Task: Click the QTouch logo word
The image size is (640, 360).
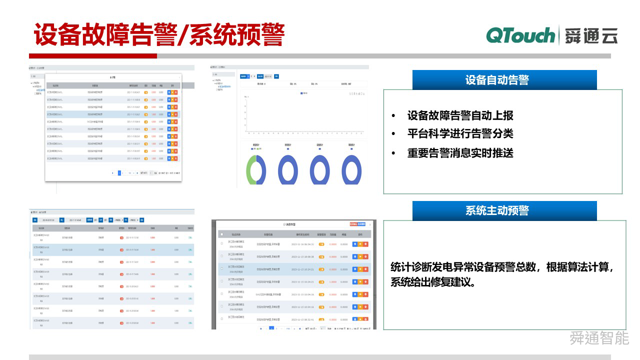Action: point(520,35)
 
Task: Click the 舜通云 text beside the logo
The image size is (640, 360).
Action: point(591,36)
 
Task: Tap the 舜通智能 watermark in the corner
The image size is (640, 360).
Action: point(599,338)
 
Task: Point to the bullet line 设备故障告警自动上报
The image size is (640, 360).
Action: point(460,116)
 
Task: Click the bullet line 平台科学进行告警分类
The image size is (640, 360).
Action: point(460,134)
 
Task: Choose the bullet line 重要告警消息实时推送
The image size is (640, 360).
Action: point(460,153)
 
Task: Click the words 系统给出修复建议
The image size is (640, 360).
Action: point(433,282)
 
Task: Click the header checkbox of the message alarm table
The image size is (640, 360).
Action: point(222,234)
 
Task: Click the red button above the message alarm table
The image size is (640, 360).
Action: point(353,224)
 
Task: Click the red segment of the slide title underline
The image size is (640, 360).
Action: point(92,56)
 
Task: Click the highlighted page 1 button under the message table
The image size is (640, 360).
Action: point(271,328)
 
